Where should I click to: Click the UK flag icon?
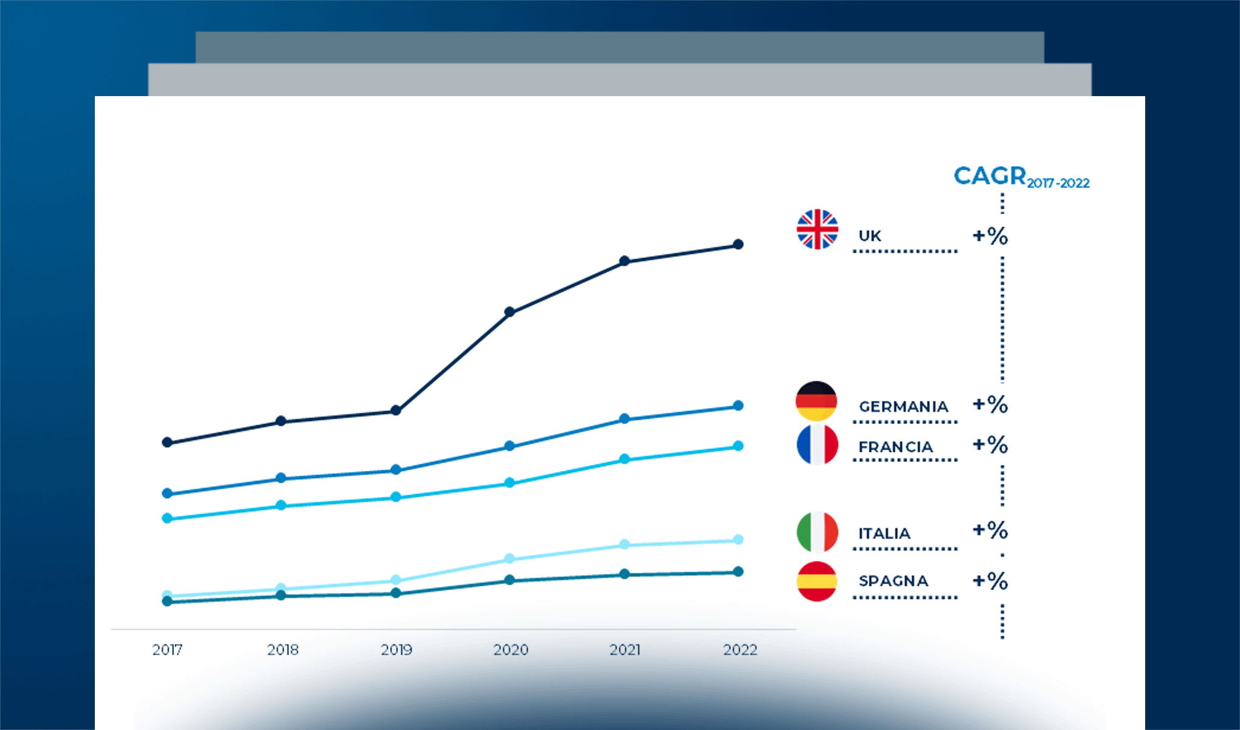(818, 229)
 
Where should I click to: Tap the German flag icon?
(816, 401)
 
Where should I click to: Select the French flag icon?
(818, 445)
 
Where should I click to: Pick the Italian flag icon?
(818, 532)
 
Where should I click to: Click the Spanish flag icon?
(817, 581)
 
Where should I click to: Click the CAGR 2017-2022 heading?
(1021, 177)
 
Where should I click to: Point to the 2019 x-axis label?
(396, 650)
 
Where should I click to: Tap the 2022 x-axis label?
(740, 650)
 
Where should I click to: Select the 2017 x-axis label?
(167, 650)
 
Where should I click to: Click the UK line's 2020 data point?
(510, 312)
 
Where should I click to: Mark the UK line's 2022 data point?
(738, 245)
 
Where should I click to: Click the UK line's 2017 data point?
(167, 442)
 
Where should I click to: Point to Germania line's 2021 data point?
(624, 419)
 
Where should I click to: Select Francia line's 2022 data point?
(738, 446)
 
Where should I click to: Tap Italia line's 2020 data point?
(510, 558)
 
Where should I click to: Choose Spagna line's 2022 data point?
(738, 572)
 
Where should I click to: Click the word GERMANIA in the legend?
(903, 406)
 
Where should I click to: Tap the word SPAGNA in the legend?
(893, 581)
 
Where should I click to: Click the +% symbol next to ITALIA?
(990, 530)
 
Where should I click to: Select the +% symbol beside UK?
(990, 236)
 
